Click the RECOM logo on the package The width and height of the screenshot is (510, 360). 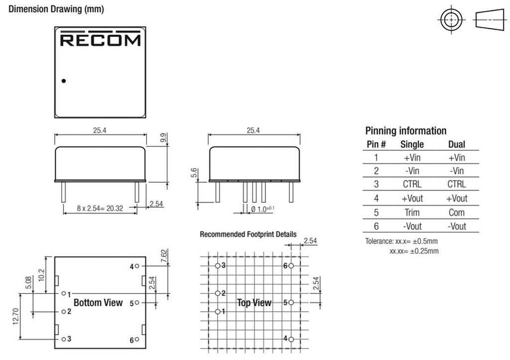pyautogui.click(x=100, y=38)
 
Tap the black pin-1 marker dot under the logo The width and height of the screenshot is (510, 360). pyautogui.click(x=64, y=81)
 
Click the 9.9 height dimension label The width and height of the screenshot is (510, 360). pyautogui.click(x=163, y=137)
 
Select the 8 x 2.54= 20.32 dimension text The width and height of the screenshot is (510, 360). pyautogui.click(x=100, y=208)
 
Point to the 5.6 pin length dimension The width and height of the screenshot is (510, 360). pyautogui.click(x=194, y=173)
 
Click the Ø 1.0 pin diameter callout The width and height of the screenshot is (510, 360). pyautogui.click(x=262, y=209)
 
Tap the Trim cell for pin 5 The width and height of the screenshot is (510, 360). pyautogui.click(x=412, y=212)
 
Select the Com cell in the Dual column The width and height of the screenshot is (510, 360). pyautogui.click(x=456, y=212)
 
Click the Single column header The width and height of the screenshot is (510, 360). pyautogui.click(x=412, y=144)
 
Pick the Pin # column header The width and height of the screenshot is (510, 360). pyautogui.click(x=376, y=144)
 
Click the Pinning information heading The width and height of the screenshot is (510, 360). pyautogui.click(x=405, y=131)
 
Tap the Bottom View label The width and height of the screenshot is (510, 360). pyautogui.click(x=98, y=303)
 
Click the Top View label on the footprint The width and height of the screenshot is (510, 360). pyautogui.click(x=254, y=303)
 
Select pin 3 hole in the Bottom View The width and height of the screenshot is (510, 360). pyautogui.click(x=64, y=339)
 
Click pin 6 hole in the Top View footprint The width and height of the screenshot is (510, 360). pyautogui.click(x=291, y=266)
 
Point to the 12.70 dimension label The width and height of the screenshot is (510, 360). pyautogui.click(x=16, y=316)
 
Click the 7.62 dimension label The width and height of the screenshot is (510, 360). pyautogui.click(x=164, y=256)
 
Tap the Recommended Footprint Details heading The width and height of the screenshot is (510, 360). pyautogui.click(x=248, y=234)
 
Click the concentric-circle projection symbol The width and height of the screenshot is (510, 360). pyautogui.click(x=451, y=20)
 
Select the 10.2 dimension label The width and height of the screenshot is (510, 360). pyautogui.click(x=42, y=275)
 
